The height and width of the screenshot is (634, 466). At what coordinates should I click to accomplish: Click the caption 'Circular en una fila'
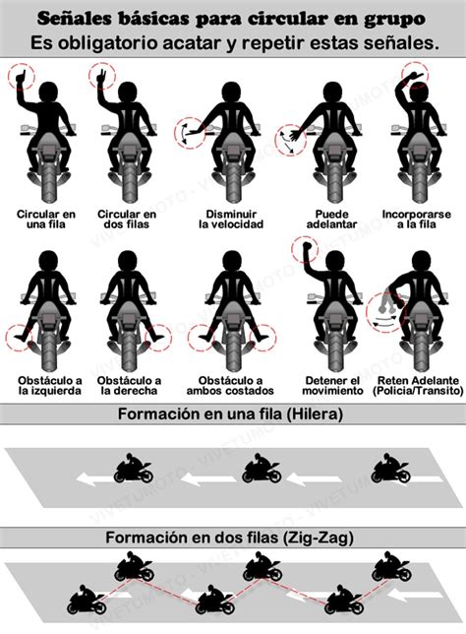[x=46, y=220]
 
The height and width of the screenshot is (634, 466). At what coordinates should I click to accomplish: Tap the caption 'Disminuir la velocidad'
[x=231, y=220]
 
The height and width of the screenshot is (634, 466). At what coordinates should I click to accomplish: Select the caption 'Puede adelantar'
[x=332, y=220]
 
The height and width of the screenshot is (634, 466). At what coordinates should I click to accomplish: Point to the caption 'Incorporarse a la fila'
[x=416, y=220]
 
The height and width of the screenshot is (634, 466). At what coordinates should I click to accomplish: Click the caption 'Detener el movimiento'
[x=332, y=386]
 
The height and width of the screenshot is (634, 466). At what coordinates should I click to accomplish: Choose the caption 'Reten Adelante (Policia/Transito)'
[x=418, y=386]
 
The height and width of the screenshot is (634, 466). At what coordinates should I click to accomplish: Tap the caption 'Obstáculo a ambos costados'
[x=230, y=386]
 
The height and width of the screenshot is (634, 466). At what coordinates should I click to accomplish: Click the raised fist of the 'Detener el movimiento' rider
[x=308, y=246]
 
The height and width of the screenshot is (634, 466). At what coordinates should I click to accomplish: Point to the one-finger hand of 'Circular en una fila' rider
[x=21, y=78]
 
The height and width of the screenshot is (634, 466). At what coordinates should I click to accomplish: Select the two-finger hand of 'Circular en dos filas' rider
[x=102, y=77]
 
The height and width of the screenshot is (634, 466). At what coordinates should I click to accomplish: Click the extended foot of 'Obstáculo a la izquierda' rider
[x=20, y=336]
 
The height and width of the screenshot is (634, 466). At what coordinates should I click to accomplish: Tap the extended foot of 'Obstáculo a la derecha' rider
[x=158, y=337]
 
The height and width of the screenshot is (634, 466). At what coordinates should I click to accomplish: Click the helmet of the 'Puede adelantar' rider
[x=332, y=93]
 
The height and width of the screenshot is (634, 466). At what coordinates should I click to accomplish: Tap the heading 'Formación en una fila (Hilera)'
[x=230, y=414]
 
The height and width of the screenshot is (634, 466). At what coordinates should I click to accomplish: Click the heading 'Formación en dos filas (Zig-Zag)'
[x=229, y=538]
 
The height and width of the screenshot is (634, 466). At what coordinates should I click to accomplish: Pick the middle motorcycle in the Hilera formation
[x=262, y=469]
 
